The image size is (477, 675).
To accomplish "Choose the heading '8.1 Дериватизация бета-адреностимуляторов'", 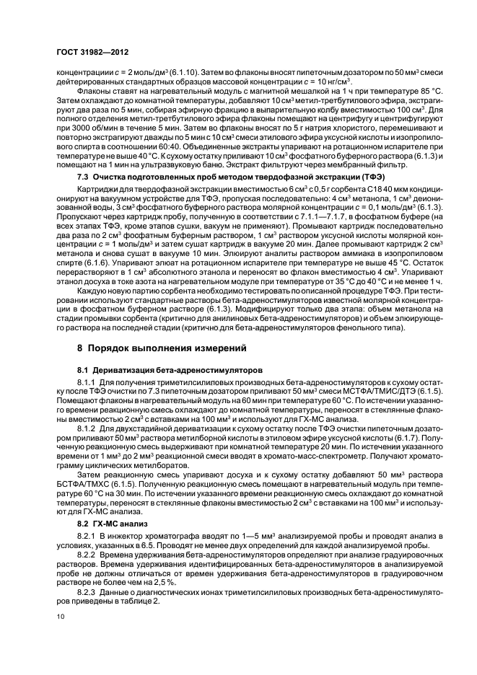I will (x=155, y=369).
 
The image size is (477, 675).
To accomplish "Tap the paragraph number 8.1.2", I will (x=87, y=427).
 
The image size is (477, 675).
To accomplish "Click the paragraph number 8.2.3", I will (x=87, y=594).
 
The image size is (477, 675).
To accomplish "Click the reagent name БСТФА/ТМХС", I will (x=98, y=487).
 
